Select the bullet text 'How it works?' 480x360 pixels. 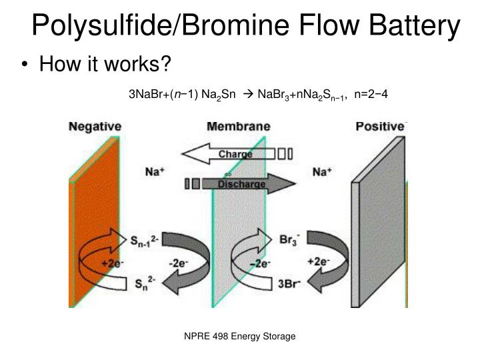coord(105,65)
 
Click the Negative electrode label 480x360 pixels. coord(95,125)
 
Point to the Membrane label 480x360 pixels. coord(239,125)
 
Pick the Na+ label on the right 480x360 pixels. coord(323,171)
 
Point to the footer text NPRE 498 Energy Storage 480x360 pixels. coord(239,337)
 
